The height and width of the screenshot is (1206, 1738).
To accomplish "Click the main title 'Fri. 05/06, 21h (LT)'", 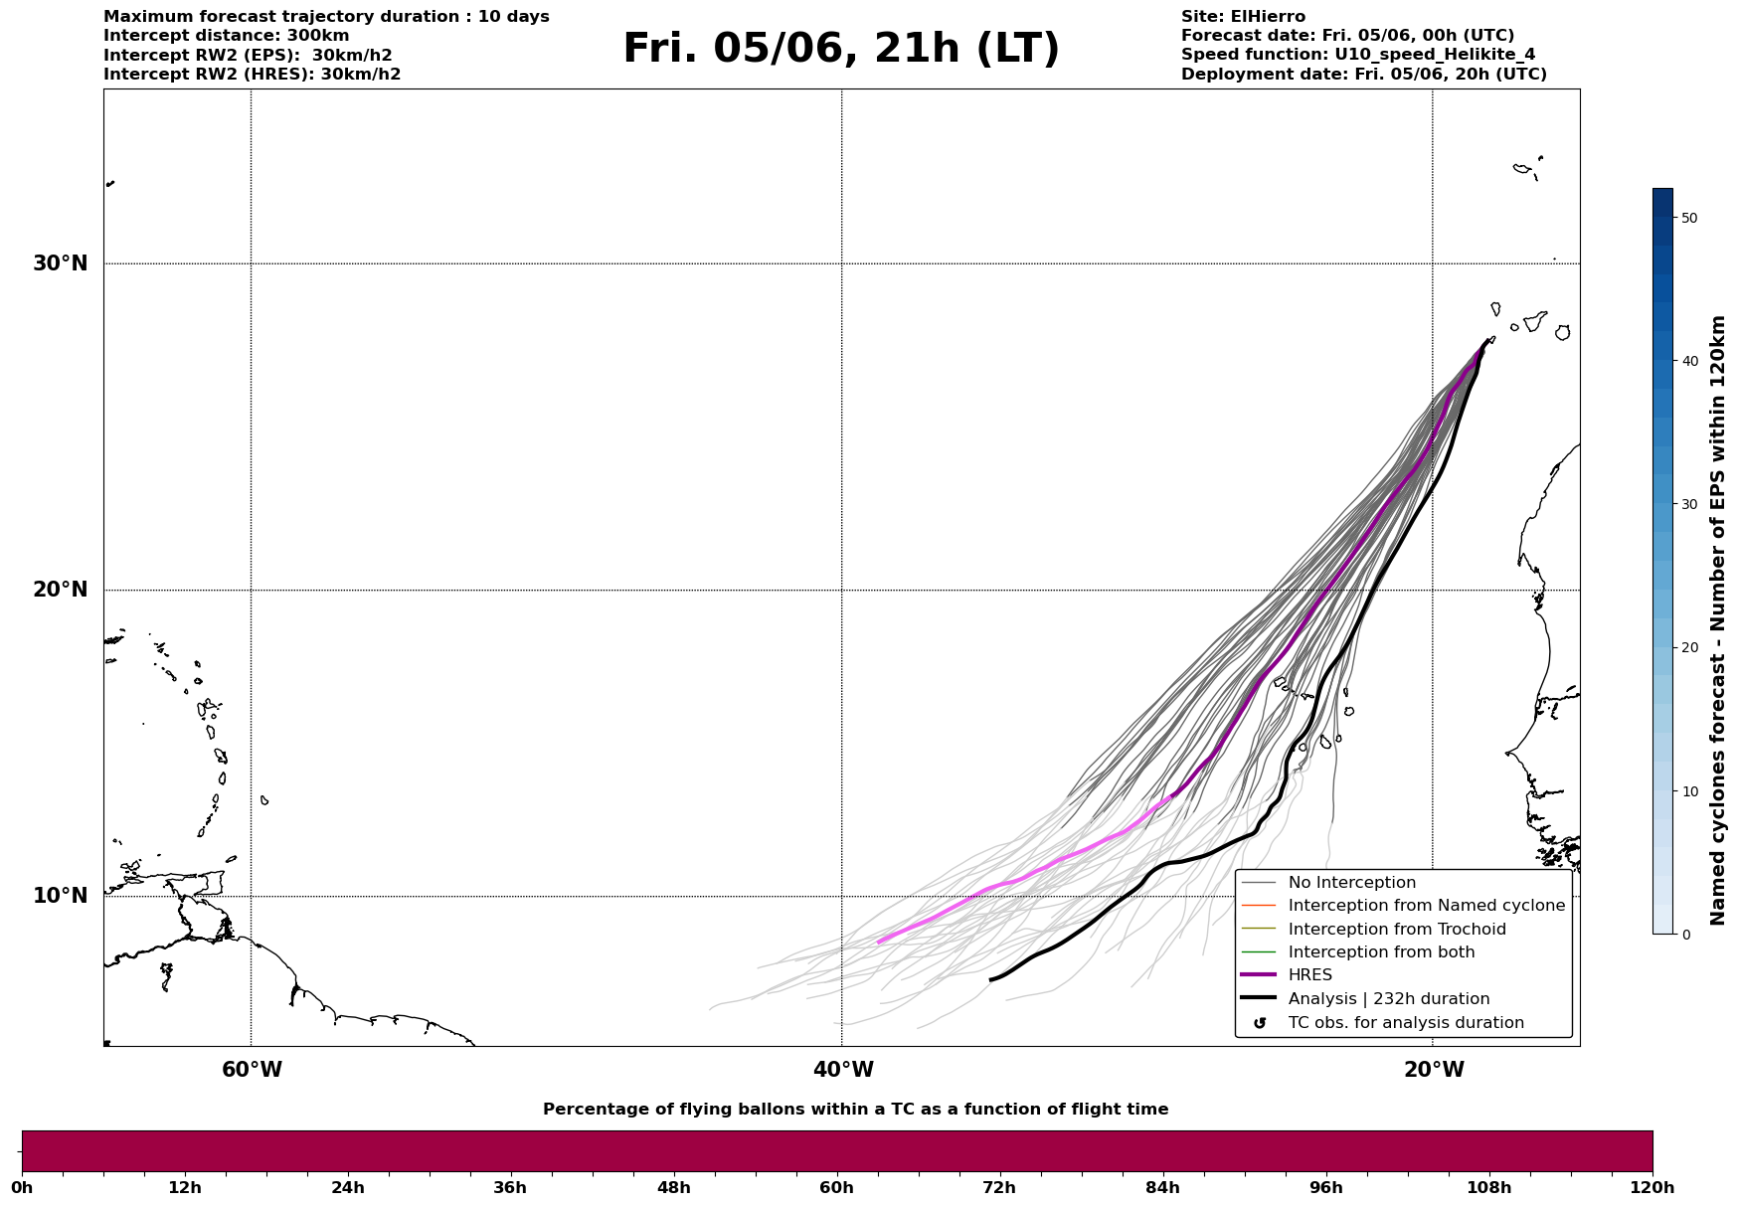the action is point(841,49).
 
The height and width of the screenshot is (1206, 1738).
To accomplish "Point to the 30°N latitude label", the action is point(61,263).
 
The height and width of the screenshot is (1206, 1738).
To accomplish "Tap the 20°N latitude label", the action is point(61,590).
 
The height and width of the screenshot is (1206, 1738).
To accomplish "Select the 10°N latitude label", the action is point(61,896).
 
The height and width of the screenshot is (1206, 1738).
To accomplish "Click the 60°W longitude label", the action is point(252,1070).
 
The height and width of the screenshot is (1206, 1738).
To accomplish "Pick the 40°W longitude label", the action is point(843,1070).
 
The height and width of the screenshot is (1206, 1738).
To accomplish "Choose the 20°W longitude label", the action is point(1434,1070).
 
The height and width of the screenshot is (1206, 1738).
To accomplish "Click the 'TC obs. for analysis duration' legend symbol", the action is point(1260,1023).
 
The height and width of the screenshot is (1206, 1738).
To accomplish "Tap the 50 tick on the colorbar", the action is point(1688,218).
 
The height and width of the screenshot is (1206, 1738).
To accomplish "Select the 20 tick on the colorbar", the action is point(1688,648).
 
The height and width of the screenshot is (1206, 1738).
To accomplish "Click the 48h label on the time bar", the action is point(673,1187).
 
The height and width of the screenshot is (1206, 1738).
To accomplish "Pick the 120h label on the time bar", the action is point(1651,1187).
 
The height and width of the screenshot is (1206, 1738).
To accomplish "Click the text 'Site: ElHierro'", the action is point(1243,17).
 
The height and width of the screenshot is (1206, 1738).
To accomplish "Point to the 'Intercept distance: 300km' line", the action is point(227,36).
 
